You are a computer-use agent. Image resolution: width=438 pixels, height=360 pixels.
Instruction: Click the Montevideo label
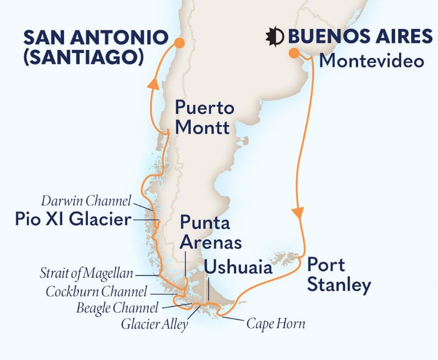(371, 61)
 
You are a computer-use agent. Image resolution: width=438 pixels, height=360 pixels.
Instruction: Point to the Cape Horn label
(275, 324)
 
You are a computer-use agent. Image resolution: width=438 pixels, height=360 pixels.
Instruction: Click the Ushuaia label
(238, 267)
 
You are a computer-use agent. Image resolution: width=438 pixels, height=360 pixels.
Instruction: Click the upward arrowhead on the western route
(152, 84)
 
